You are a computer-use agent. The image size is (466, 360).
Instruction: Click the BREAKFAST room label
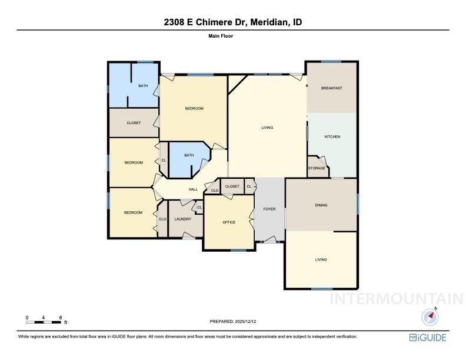tap(331, 88)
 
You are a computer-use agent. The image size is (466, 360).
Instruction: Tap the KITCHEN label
tap(332, 136)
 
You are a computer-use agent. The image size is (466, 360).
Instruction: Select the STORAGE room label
tap(316, 168)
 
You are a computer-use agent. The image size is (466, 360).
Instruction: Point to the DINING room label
tap(321, 205)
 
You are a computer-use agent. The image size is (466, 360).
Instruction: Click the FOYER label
tap(269, 209)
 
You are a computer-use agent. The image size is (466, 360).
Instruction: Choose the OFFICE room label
tap(229, 222)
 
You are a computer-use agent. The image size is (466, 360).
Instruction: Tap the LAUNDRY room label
tap(182, 219)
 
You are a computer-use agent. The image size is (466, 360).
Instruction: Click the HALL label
tap(193, 189)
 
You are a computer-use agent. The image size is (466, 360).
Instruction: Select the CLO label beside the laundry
tap(162, 219)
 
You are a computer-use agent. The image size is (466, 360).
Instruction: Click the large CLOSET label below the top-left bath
tap(134, 124)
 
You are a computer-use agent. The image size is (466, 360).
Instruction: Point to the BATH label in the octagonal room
tap(189, 155)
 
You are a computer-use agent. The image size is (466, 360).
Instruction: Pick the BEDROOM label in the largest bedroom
tap(194, 108)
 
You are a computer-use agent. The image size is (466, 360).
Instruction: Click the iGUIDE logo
tap(428, 338)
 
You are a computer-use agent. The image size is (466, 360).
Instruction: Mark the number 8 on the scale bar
tap(61, 318)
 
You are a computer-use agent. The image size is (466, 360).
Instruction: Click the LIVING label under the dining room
tap(321, 259)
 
